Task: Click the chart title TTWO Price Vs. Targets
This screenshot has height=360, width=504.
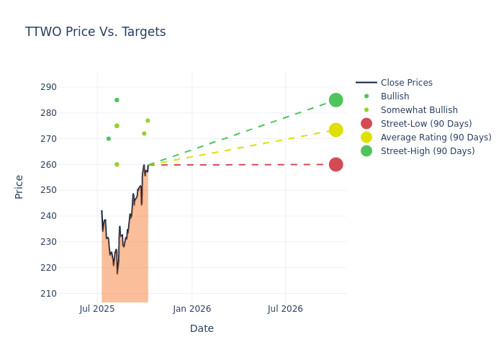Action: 95,32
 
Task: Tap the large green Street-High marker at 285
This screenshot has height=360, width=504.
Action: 336,100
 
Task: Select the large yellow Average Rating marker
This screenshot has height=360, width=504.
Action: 336,130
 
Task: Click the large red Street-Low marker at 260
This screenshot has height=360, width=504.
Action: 336,164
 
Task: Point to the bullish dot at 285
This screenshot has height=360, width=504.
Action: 117,100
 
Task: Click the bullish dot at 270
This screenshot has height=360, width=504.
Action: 109,139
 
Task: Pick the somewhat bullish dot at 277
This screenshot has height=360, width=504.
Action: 148,121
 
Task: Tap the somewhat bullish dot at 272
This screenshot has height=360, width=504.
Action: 144,133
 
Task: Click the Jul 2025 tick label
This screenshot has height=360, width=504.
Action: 97,309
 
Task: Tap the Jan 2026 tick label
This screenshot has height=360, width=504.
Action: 192,309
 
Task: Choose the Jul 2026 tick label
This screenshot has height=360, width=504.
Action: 285,309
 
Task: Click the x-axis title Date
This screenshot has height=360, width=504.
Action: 202,328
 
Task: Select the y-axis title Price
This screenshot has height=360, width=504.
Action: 19,186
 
